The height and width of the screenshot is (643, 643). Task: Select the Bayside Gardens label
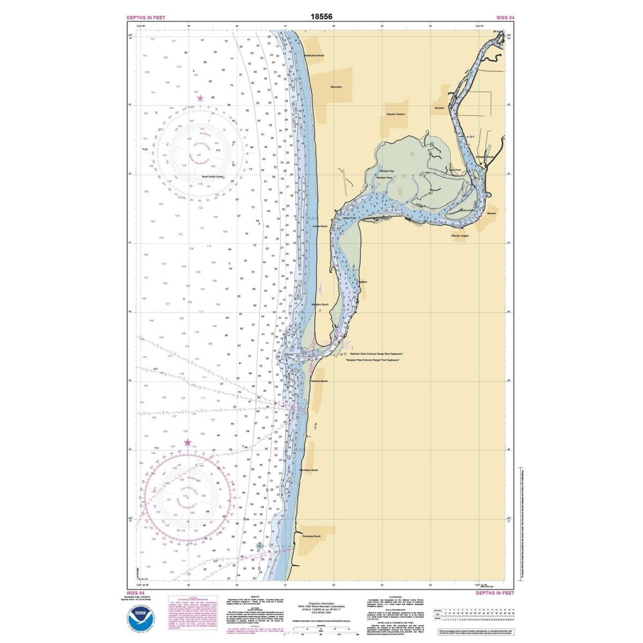[395, 114]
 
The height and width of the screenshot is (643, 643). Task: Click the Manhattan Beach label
[309, 470]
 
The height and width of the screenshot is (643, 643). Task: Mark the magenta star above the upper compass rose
[201, 98]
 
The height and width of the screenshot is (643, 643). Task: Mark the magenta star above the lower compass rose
[188, 442]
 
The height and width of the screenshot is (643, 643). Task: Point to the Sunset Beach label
[320, 226]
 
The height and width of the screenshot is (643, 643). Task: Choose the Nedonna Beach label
[320, 381]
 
